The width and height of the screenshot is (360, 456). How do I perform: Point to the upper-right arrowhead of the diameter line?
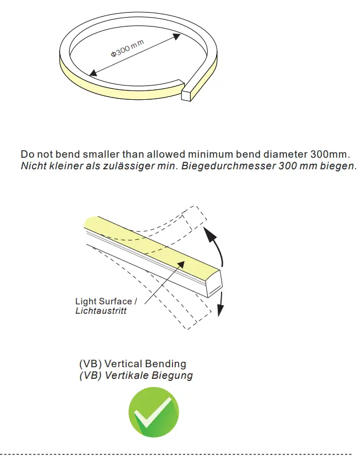tap(177, 35)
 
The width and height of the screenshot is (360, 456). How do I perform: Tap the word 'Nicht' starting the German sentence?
tap(33, 165)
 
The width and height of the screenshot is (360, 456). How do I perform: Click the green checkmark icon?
tap(154, 412)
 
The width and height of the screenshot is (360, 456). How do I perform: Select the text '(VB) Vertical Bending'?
tap(133, 364)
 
